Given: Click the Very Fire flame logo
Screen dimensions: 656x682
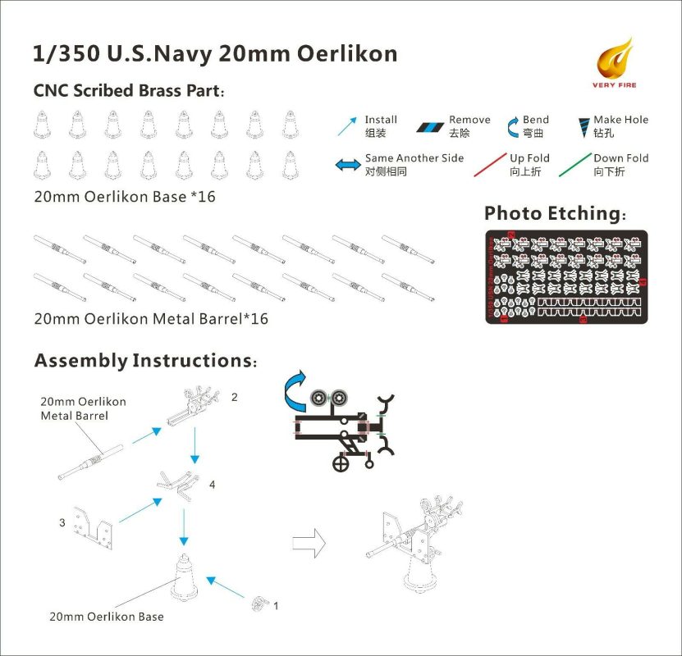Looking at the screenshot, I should click(617, 59).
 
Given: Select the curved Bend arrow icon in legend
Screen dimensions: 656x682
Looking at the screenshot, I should click(509, 126).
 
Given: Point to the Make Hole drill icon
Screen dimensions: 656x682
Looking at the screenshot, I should click(584, 126).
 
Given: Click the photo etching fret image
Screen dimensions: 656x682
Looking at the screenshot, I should click(565, 276).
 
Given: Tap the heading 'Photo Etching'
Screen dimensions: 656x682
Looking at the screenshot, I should click(555, 214).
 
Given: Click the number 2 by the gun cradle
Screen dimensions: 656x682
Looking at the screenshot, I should click(234, 397).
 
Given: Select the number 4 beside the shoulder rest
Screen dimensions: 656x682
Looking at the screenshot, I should click(212, 485).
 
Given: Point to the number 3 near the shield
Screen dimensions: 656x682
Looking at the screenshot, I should click(62, 522).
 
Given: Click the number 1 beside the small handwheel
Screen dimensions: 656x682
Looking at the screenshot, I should click(275, 606).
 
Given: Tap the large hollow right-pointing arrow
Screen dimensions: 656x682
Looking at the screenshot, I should click(309, 542).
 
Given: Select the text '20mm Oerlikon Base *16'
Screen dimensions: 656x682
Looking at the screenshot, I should click(125, 198).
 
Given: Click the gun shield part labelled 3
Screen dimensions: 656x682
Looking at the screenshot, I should click(94, 524).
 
